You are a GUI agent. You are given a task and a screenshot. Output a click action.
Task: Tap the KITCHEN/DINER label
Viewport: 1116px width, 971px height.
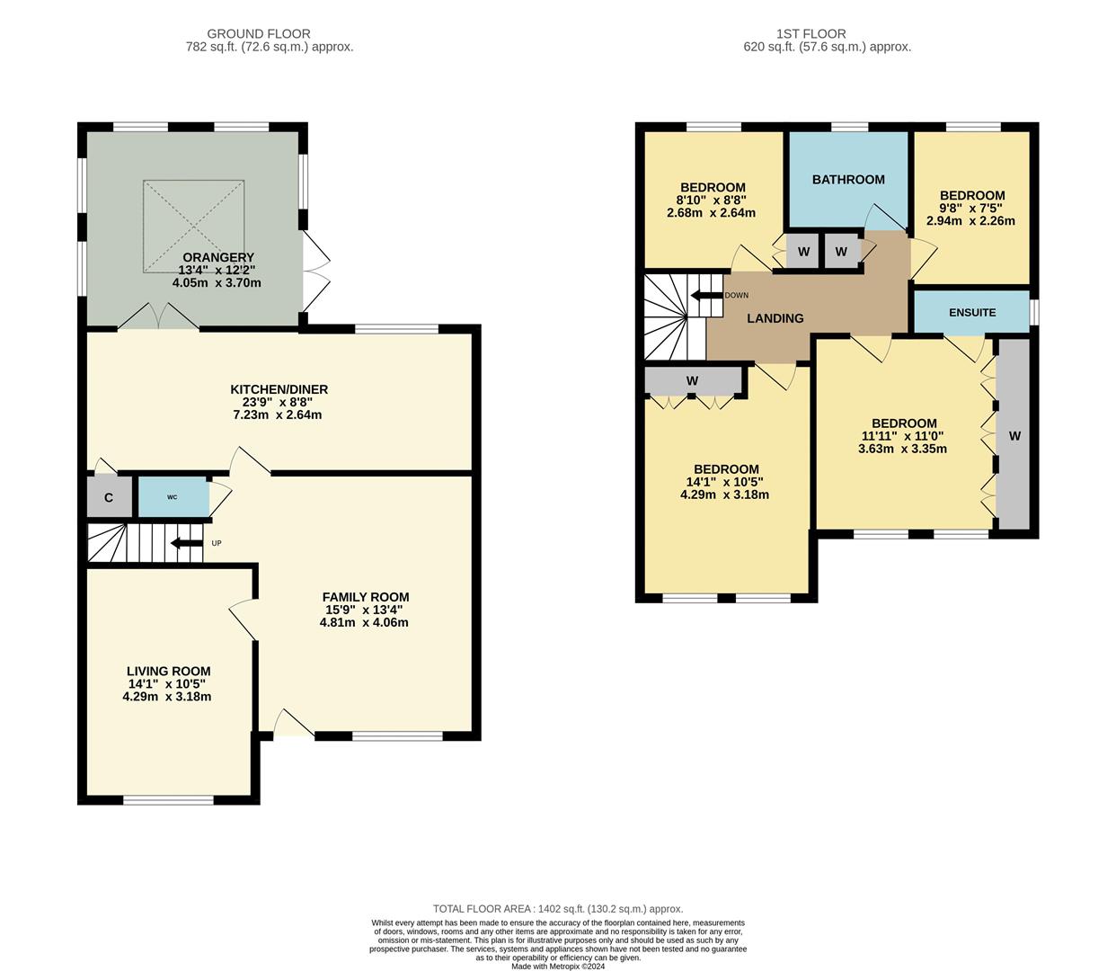point(279,389)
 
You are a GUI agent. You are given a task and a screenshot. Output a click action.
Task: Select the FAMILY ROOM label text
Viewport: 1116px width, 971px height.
point(365,597)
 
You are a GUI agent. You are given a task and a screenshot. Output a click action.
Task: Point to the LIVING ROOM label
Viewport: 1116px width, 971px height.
point(168,671)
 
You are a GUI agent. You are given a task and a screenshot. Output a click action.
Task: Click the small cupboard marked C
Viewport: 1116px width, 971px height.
point(109,497)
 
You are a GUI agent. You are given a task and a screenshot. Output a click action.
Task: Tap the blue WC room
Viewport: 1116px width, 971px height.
point(172,497)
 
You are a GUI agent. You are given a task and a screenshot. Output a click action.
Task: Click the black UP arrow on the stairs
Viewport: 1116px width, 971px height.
point(186,543)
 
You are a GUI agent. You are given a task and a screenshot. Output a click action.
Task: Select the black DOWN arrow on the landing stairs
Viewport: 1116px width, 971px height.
point(706,295)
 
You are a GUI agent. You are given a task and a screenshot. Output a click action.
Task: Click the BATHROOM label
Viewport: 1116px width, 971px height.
point(848,180)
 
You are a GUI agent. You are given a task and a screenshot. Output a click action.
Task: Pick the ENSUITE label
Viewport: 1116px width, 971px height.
point(972,313)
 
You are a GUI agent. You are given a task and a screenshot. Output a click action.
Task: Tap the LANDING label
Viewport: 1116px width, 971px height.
point(775,318)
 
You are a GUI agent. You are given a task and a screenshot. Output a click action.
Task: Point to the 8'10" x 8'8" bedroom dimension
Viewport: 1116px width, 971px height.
point(711,200)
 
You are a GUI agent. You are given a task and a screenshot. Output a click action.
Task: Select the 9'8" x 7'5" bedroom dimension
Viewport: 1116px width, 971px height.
point(970,208)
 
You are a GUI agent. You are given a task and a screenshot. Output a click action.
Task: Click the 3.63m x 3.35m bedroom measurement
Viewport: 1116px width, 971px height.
point(902,449)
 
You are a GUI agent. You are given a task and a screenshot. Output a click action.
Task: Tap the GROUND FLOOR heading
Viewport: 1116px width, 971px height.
point(259,34)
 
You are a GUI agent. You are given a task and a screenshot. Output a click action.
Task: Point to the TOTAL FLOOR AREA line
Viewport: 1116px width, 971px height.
point(557,909)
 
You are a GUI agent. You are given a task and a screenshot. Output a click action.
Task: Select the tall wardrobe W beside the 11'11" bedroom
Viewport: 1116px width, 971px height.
point(1014,436)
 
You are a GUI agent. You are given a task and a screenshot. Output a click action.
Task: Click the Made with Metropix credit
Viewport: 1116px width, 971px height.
point(558,967)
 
